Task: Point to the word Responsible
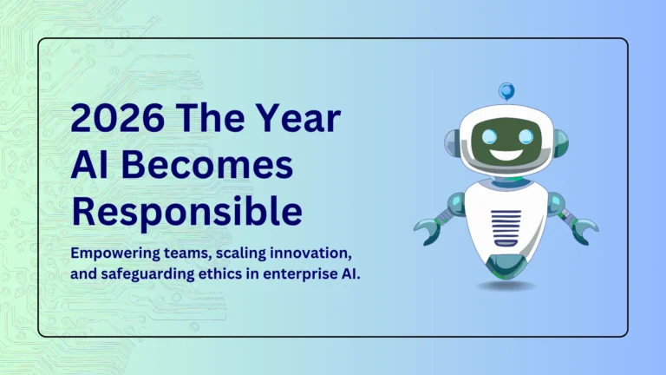[x=186, y=210]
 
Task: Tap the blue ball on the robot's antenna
[x=506, y=89]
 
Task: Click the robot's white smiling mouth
[x=506, y=156]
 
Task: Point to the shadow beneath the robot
[x=505, y=285]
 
